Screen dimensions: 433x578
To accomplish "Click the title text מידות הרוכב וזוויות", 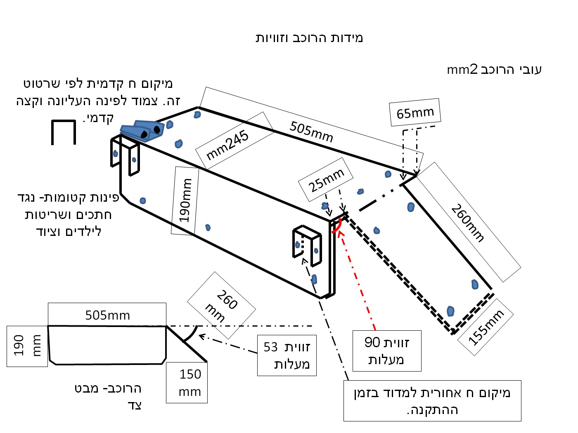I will [x=309, y=38].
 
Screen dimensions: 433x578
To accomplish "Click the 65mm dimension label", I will [x=415, y=112].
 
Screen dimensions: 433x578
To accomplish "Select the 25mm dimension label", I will [x=326, y=180].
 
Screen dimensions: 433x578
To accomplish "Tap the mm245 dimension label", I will [x=227, y=144].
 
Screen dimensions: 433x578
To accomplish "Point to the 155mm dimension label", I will [x=486, y=327].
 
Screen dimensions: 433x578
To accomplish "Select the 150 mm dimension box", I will [x=187, y=383].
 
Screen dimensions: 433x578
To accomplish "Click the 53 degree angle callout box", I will [x=287, y=355].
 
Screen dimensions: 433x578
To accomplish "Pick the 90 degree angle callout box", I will [x=386, y=351].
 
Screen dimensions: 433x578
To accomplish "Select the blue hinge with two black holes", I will [x=142, y=130].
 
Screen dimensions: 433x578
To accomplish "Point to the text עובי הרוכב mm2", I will [x=494, y=69].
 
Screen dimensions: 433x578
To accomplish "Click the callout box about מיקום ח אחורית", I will [x=432, y=401].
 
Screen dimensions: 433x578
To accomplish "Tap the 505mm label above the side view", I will [x=107, y=315].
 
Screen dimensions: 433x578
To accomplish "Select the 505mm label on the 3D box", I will [x=311, y=131].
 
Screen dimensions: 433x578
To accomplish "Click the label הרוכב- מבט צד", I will [x=108, y=396].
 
